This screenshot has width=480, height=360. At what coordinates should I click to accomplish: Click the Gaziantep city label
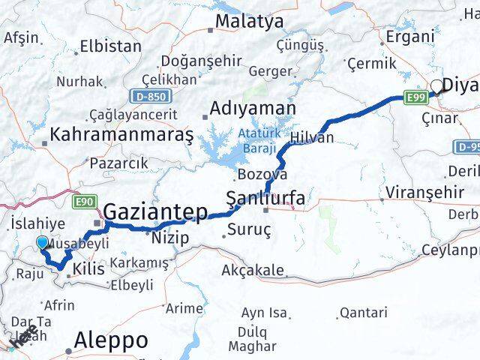pos(155,213)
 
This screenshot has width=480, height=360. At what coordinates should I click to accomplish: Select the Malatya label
pos(249,21)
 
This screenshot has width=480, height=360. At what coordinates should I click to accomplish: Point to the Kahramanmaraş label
pos(121,135)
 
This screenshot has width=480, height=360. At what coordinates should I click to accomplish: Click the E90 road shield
pos(84,201)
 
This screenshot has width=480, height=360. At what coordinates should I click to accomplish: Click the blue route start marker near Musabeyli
pos(42,243)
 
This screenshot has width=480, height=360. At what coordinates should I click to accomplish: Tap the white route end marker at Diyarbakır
pos(436,86)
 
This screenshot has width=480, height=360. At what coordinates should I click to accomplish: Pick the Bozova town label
pos(262,174)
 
